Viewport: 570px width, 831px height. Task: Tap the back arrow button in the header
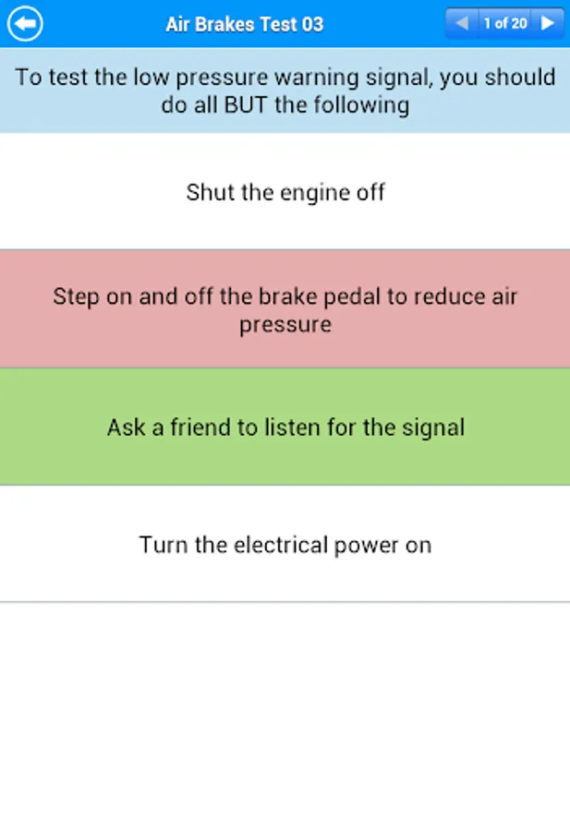(x=25, y=23)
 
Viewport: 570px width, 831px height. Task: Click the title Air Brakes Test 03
(x=245, y=24)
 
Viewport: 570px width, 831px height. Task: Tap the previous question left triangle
(x=462, y=23)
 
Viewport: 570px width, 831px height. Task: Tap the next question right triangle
(x=547, y=23)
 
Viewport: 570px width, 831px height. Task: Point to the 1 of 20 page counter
(x=505, y=23)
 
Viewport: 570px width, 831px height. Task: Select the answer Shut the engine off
(x=285, y=192)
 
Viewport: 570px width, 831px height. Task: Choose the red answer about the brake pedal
(x=285, y=309)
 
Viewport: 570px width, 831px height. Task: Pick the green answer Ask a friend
(x=285, y=427)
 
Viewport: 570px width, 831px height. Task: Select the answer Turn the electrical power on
(x=285, y=545)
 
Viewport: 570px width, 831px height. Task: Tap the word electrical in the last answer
(x=281, y=545)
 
